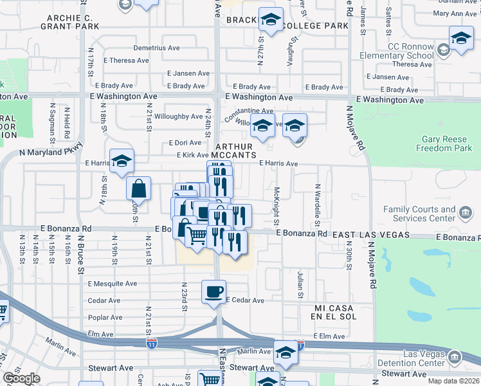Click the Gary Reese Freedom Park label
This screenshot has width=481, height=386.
[x=447, y=143]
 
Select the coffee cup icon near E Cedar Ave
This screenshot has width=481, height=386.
[x=214, y=291]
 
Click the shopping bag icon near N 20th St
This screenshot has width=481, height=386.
[x=138, y=189]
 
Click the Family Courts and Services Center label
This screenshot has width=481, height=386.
[x=419, y=214]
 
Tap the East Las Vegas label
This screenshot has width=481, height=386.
[x=370, y=236]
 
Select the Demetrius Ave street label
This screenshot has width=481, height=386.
[x=156, y=48]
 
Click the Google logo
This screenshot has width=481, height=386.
[x=21, y=378]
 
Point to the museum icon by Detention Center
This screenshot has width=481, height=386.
[x=455, y=356]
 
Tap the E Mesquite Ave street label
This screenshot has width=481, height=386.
[x=113, y=284]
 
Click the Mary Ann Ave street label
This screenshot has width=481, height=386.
[x=455, y=14]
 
